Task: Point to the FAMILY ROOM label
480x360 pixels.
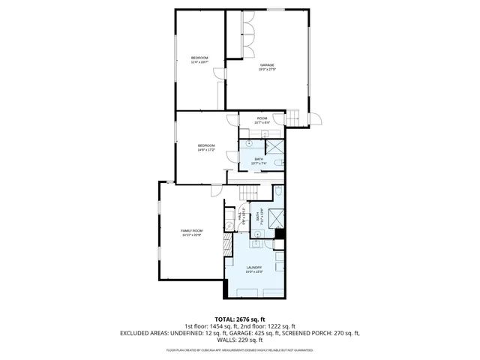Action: (x=191, y=232)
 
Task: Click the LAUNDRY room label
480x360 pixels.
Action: (x=253, y=268)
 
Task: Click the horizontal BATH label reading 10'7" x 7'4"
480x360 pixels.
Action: (x=259, y=160)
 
